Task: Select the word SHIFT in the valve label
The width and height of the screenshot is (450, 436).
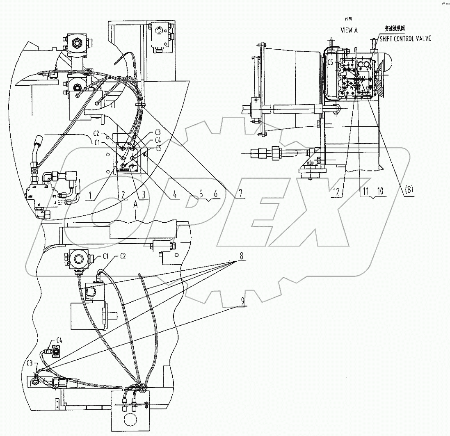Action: (387, 39)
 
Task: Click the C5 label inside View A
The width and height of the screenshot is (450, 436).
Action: (331, 63)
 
